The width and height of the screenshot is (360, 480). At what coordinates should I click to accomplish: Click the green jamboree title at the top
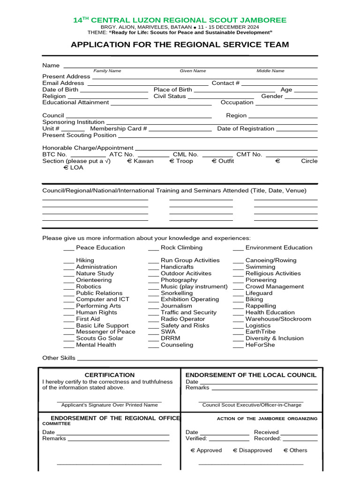click(180, 20)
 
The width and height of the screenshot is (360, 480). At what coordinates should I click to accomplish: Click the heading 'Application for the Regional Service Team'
click(180, 45)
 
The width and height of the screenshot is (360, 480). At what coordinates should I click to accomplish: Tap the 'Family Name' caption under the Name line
click(107, 71)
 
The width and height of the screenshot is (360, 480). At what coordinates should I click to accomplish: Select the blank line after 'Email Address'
click(148, 83)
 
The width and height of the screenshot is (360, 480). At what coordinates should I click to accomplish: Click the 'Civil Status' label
click(170, 96)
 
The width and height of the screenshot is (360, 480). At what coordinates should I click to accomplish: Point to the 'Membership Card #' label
click(119, 128)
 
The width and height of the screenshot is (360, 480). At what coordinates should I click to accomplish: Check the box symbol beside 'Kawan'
click(129, 161)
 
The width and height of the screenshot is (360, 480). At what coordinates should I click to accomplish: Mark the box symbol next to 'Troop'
click(172, 161)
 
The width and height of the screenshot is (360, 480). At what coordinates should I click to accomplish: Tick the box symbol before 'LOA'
click(66, 168)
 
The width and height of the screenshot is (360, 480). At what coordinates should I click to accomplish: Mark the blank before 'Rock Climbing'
click(153, 248)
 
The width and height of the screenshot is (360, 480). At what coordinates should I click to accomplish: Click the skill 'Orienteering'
click(94, 280)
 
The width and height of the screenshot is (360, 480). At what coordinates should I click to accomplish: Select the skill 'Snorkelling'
click(177, 293)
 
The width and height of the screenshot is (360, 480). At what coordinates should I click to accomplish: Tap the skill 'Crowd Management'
click(275, 286)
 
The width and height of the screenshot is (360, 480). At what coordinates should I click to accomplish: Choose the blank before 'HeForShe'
click(238, 345)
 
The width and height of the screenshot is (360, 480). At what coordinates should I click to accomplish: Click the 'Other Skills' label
click(59, 358)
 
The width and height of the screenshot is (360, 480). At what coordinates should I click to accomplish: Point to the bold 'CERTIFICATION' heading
click(109, 375)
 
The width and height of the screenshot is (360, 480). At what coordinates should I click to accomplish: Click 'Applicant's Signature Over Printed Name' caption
click(109, 405)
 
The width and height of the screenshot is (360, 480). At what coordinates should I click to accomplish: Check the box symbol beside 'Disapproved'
click(235, 450)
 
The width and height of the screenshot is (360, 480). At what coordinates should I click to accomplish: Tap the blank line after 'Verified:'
click(229, 439)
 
